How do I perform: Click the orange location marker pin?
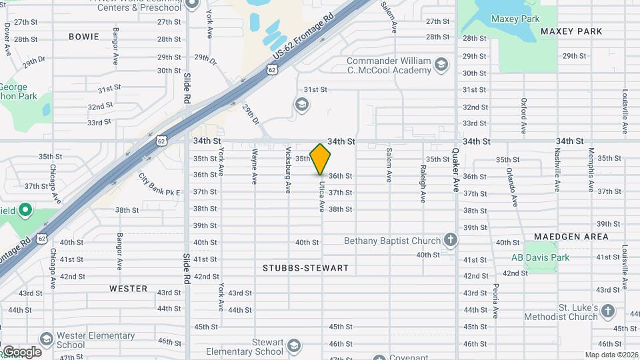[321, 159]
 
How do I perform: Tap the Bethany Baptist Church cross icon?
[451, 241]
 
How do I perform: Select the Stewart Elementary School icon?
[294, 345]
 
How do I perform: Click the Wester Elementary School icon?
[46, 339]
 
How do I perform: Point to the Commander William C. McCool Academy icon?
[440, 65]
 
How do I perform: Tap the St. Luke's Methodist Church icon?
[607, 311]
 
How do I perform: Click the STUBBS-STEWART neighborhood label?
[306, 268]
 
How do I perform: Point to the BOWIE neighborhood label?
[84, 37]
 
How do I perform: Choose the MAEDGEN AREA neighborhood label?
[571, 237]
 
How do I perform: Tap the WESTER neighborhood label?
[129, 289]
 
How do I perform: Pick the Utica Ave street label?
[321, 197]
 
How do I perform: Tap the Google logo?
[22, 351]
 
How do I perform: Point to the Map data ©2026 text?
[611, 355]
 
